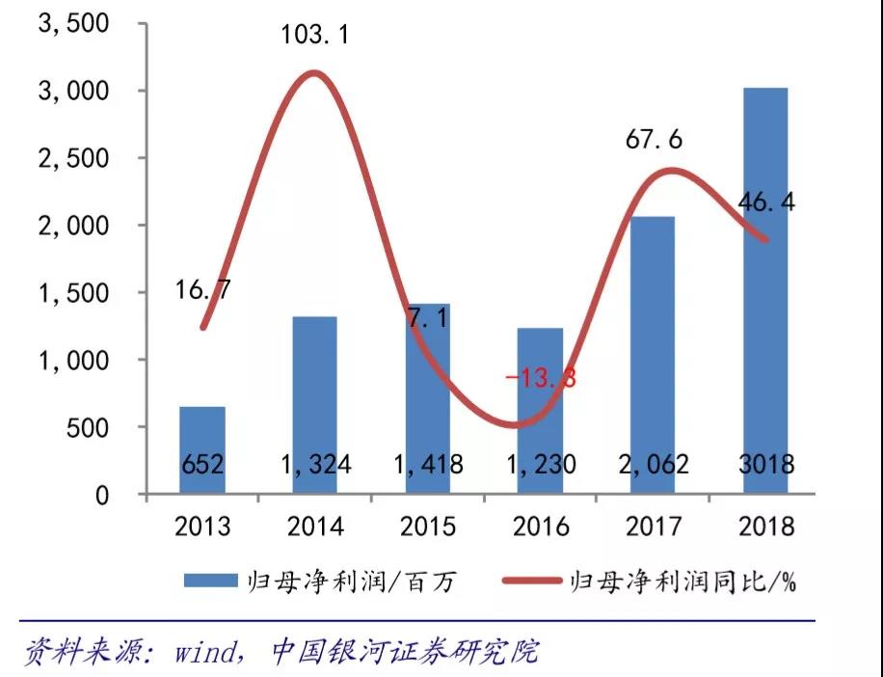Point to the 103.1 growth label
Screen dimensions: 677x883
click(314, 36)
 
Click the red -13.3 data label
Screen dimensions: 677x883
click(540, 378)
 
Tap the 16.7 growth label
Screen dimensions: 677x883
click(203, 289)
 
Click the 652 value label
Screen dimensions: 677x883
click(202, 465)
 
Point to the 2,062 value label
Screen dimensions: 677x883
click(654, 465)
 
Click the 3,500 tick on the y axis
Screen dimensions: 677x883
click(71, 23)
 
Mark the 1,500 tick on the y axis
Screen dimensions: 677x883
click(71, 292)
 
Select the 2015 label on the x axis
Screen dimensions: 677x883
click(428, 527)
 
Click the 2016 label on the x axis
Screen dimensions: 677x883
click(541, 527)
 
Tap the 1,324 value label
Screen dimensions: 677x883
click(315, 465)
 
